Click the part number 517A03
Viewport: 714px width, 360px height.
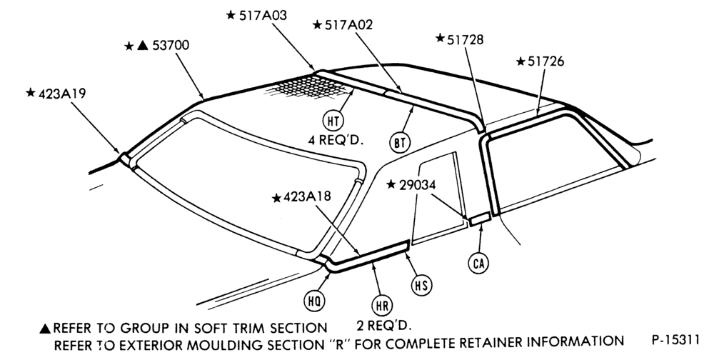tap(263, 16)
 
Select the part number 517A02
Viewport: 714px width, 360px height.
tap(348, 24)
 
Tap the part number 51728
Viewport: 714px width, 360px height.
tap(465, 40)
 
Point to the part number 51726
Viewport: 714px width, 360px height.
tap(545, 61)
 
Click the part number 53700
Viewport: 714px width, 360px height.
tap(171, 46)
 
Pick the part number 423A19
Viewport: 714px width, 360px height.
tap(62, 94)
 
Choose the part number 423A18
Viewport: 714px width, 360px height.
tap(307, 197)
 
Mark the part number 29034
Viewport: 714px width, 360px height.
tap(417, 185)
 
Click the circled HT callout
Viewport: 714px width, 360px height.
tap(333, 121)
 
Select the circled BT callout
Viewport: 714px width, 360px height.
tap(399, 143)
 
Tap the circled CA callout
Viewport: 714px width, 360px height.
tap(478, 263)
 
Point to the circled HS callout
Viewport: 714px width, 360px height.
tap(421, 285)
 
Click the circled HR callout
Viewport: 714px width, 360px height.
tap(382, 306)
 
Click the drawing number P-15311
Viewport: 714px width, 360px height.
tap(675, 341)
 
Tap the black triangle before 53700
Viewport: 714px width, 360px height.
tap(143, 46)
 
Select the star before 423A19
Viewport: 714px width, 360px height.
tap(31, 93)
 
